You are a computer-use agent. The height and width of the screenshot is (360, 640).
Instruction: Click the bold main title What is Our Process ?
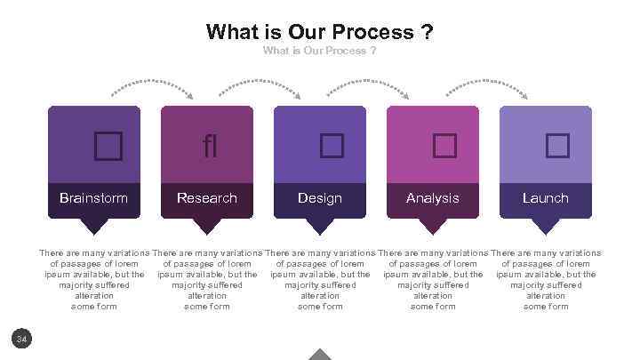[x=320, y=33]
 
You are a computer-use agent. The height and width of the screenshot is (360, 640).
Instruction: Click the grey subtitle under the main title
[x=320, y=51]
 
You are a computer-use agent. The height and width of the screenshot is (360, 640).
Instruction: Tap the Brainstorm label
[x=93, y=197]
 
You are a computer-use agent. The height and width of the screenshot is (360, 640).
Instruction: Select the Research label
[x=207, y=197]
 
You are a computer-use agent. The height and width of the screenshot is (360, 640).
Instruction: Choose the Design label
[x=320, y=197]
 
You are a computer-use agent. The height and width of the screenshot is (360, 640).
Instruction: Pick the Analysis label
[x=433, y=197]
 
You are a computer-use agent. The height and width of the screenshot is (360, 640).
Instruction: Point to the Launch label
[x=546, y=197]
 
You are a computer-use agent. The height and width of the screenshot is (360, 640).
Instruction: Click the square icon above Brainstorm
[x=108, y=146]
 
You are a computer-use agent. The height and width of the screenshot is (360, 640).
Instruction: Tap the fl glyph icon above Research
[x=209, y=146]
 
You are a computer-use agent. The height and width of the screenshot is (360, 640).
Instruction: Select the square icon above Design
[x=332, y=146]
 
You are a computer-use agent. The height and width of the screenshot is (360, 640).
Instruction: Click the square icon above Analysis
[x=444, y=146]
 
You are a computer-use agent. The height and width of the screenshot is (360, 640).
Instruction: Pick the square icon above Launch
[x=557, y=146]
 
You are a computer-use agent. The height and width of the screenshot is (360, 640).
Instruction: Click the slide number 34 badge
[x=23, y=338]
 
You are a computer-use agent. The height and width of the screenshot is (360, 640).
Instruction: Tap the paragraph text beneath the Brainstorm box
[x=94, y=280]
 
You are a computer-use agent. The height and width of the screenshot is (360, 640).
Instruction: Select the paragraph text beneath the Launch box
[x=546, y=280]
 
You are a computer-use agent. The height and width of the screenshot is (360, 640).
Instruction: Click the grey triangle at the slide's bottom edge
[x=320, y=354]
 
